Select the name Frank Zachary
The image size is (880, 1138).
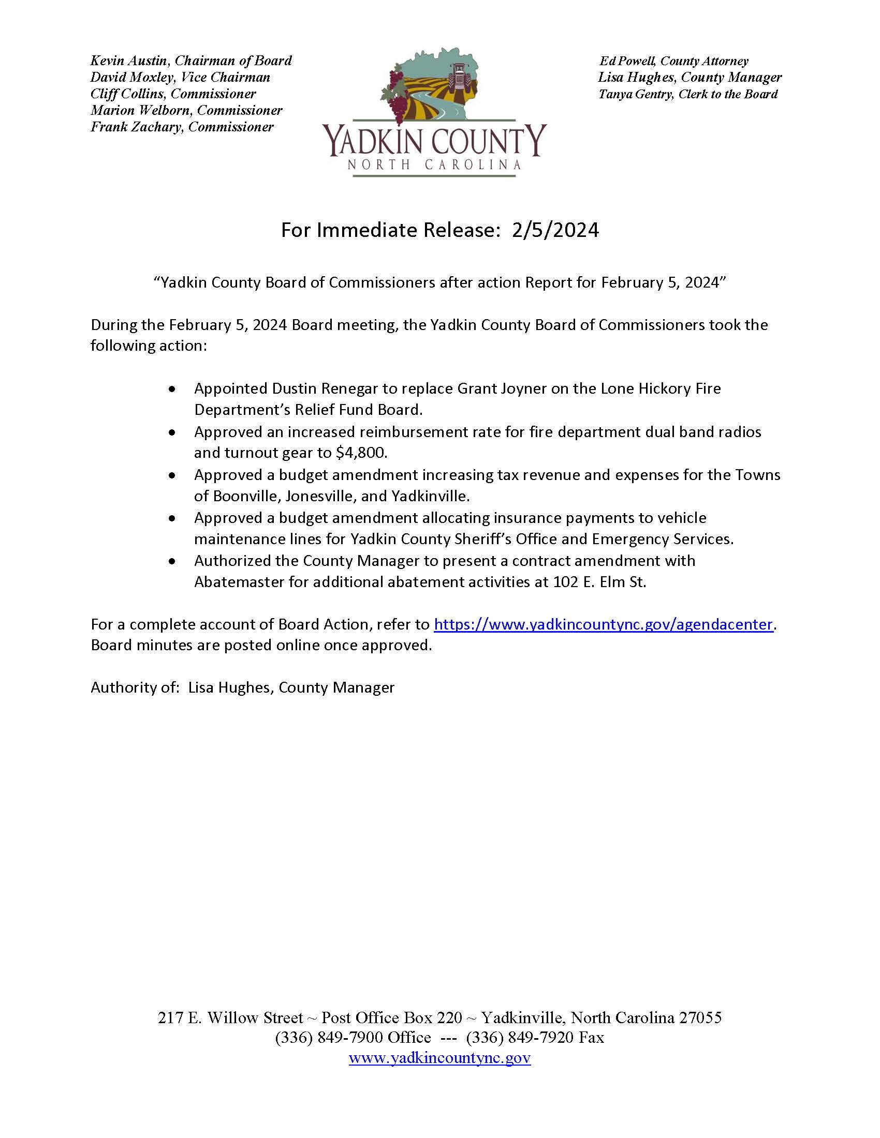[x=136, y=127]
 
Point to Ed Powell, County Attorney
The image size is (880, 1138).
[x=673, y=62]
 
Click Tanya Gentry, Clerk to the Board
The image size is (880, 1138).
[x=687, y=94]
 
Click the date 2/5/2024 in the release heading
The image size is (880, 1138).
[x=555, y=230]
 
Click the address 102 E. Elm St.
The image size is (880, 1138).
[x=599, y=582]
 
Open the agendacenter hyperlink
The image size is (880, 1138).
[x=603, y=624]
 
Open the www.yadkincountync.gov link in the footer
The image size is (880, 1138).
[x=439, y=1058]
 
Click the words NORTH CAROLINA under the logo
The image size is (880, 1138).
[x=434, y=165]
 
